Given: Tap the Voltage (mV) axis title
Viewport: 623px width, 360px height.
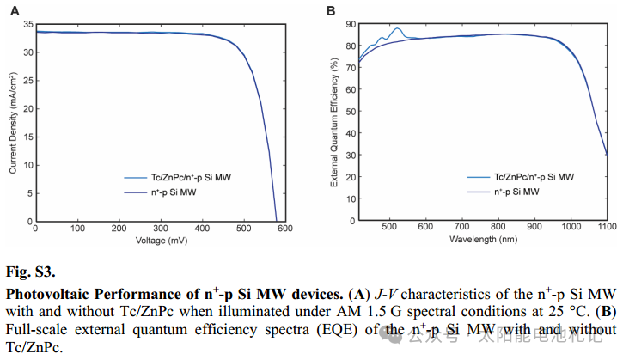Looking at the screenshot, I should (x=162, y=241).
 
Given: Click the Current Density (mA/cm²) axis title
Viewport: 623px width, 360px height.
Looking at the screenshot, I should (x=14, y=122).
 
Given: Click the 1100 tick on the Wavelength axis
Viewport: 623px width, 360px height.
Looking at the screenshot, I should (x=606, y=229).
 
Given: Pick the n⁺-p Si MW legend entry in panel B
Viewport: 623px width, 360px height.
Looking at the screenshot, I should (x=516, y=192).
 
